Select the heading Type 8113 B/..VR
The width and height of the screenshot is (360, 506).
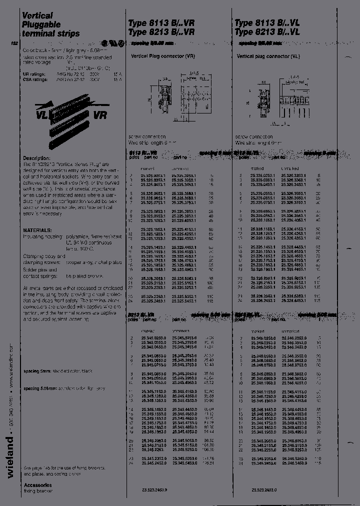[158, 23]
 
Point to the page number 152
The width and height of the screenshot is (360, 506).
[14, 43]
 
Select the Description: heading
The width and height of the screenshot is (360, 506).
[37, 158]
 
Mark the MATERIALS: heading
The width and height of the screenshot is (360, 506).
[37, 230]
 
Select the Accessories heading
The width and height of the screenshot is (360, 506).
[37, 484]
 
